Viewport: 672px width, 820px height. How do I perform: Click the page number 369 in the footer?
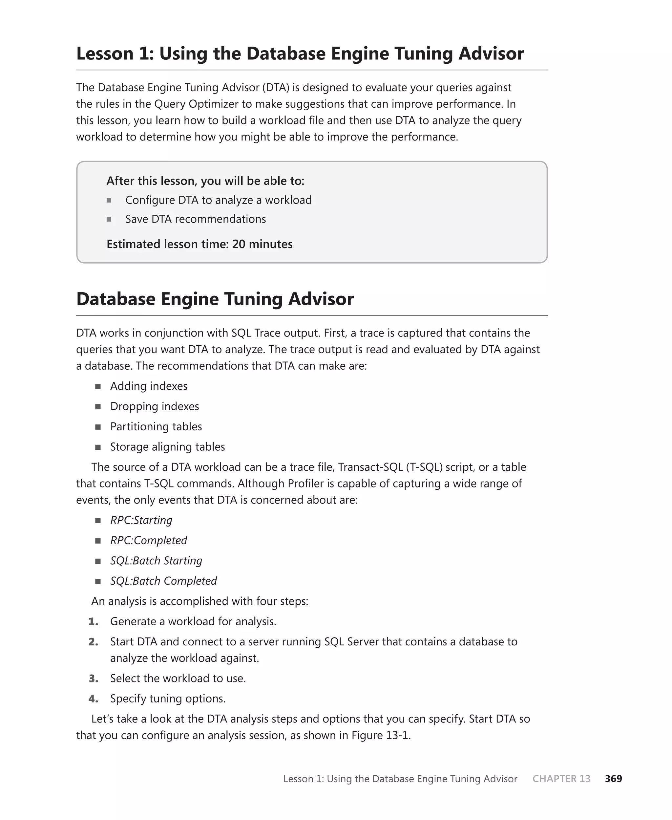tap(613, 779)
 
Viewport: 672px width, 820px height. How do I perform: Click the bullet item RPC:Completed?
tap(148, 540)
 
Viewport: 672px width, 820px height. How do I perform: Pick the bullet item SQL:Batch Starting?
tap(156, 561)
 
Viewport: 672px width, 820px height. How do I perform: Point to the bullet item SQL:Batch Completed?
tap(163, 581)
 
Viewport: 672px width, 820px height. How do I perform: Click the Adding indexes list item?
tap(149, 386)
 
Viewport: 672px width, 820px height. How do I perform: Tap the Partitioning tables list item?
tap(156, 426)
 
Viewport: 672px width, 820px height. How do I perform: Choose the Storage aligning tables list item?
tap(167, 447)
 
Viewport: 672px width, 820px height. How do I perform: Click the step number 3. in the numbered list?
tap(93, 678)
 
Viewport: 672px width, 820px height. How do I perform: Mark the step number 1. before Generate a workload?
tap(93, 621)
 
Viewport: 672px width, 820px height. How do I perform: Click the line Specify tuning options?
tap(168, 699)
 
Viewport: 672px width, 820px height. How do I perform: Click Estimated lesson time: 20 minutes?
tap(199, 244)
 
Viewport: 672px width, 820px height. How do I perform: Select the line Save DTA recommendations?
tap(196, 219)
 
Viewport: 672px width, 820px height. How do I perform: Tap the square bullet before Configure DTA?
tap(109, 201)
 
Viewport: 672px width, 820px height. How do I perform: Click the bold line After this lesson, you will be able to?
tap(205, 181)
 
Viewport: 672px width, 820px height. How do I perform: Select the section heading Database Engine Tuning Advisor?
tap(215, 299)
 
